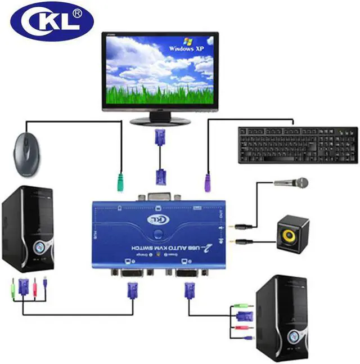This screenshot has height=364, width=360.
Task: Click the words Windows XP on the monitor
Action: (190, 48)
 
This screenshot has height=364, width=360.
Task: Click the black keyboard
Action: (297, 145)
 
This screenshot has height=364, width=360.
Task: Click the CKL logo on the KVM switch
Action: (157, 219)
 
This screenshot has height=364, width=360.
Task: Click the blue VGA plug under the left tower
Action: (23, 286)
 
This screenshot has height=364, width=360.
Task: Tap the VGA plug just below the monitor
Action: (160, 137)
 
